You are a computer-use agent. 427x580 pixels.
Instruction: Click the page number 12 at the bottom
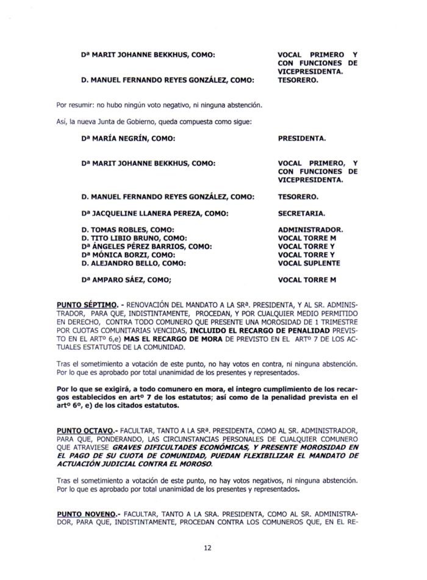pos(207,547)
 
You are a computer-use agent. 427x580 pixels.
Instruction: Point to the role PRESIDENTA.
pos(301,138)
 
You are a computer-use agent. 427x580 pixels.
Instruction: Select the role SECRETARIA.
pos(301,214)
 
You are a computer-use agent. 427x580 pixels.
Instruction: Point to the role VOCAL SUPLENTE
pos(309,263)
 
